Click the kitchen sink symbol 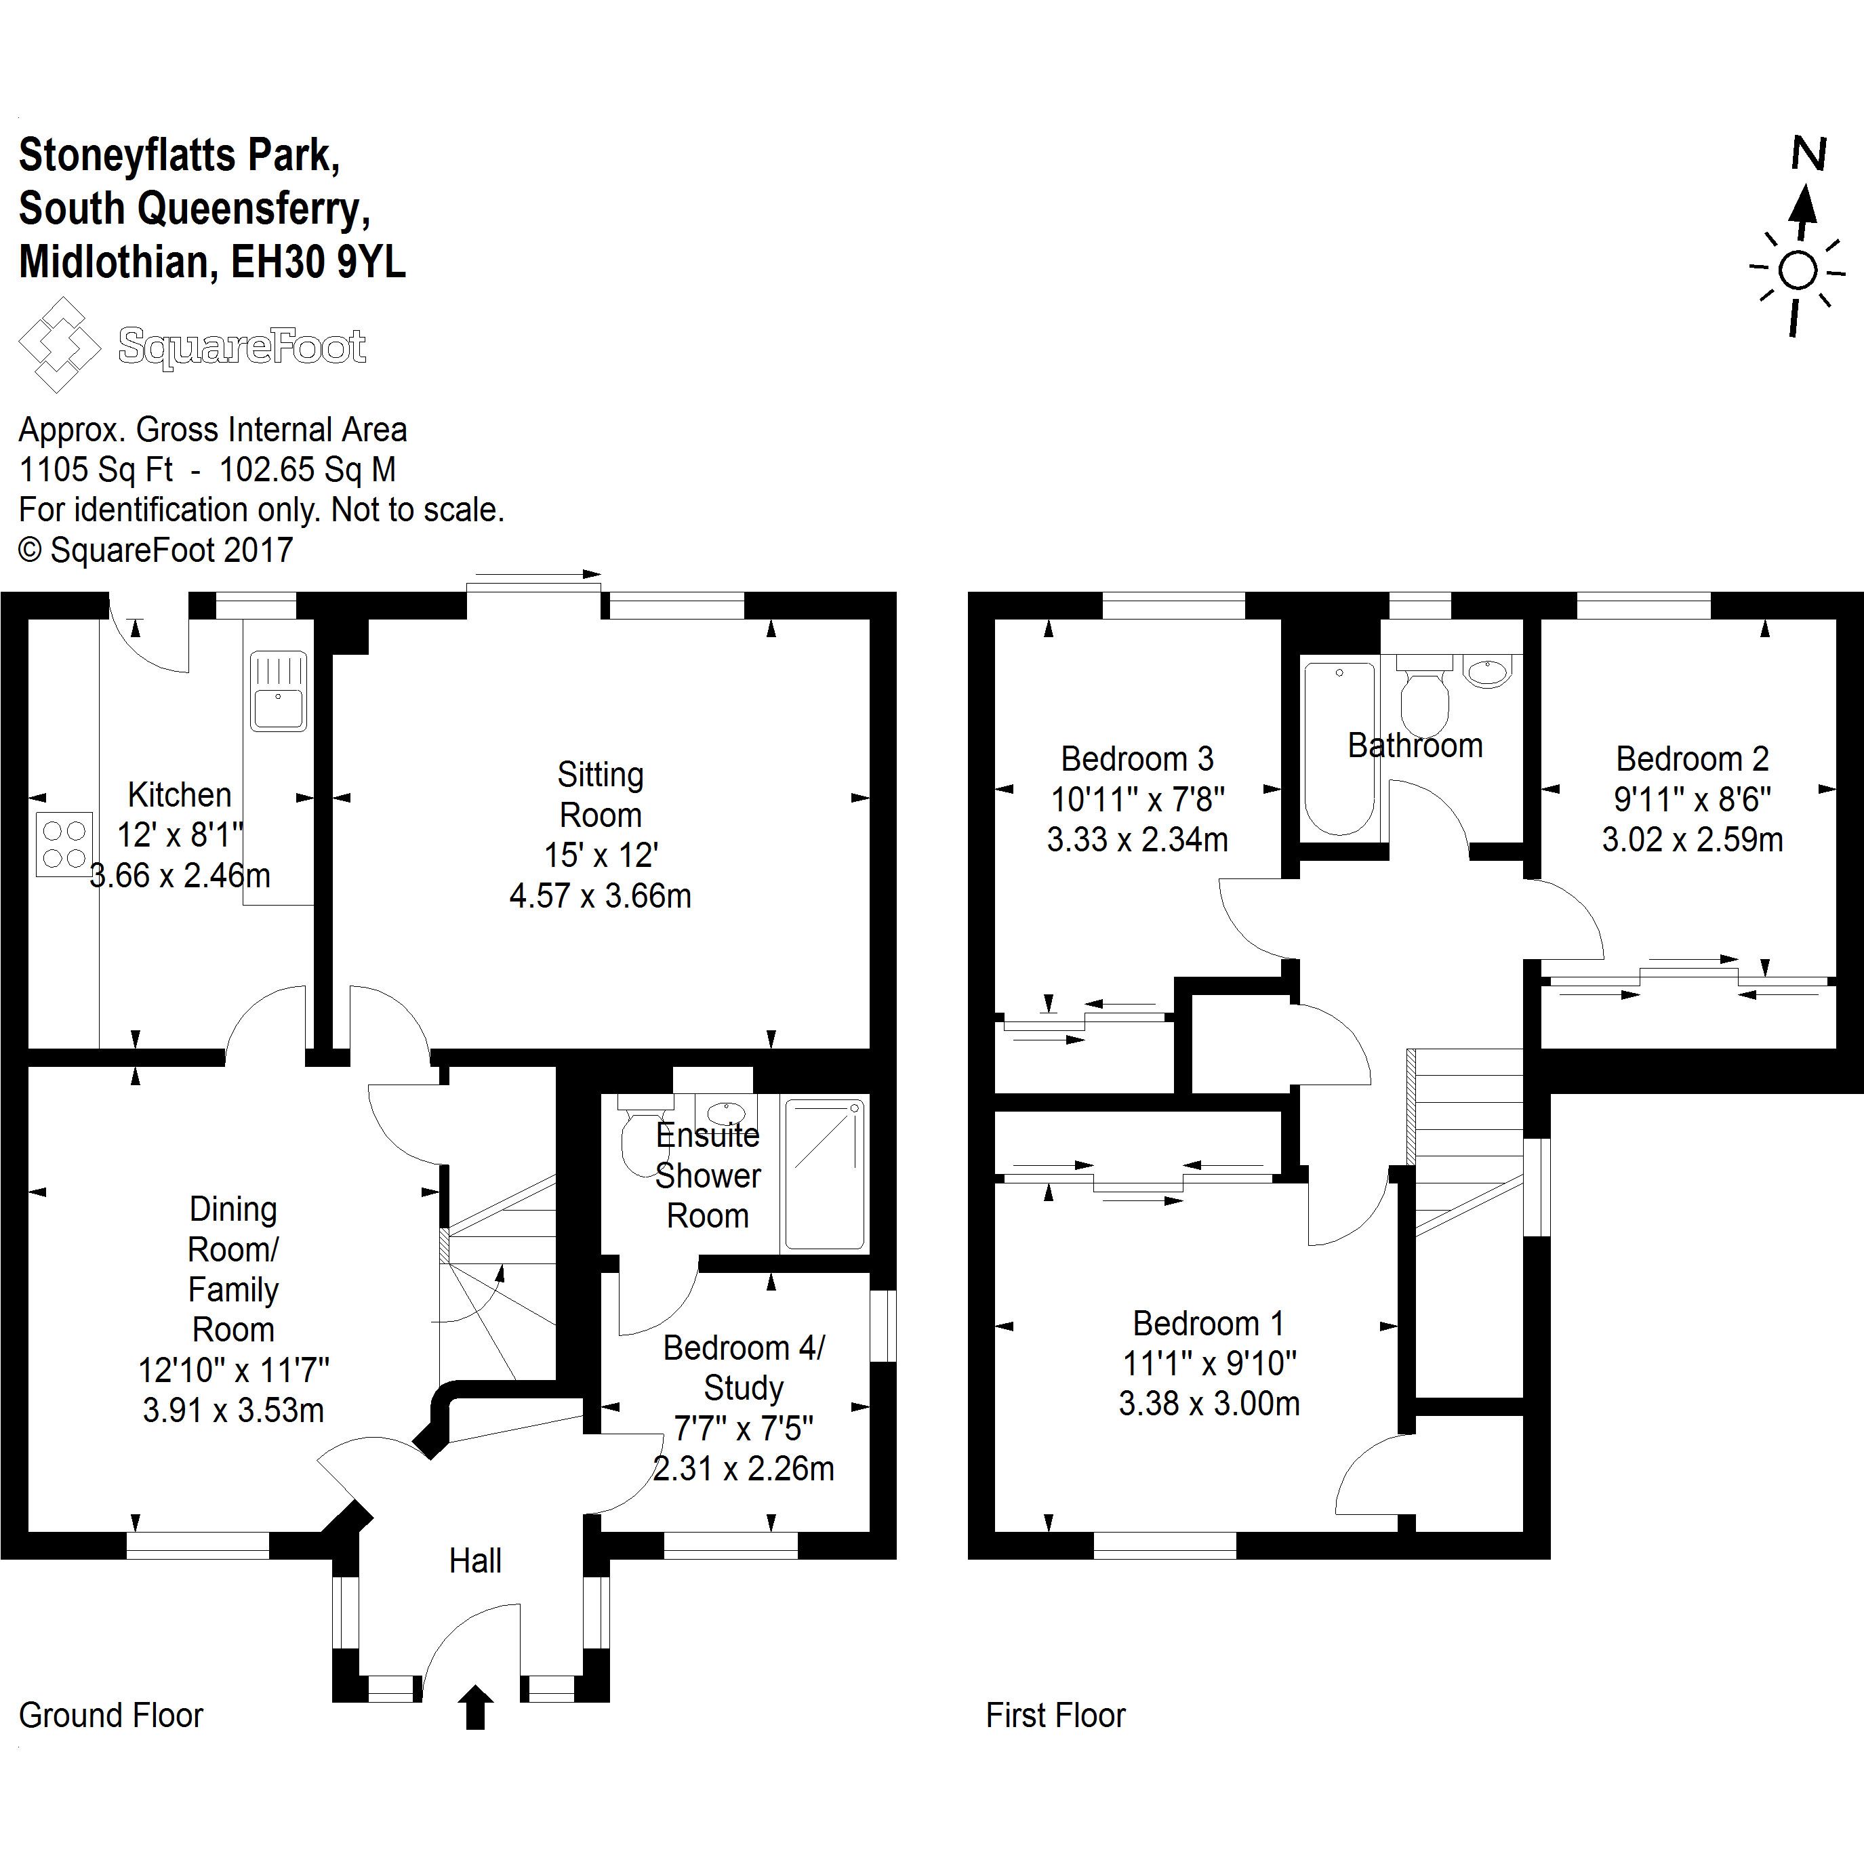point(278,691)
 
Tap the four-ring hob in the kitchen point(64,844)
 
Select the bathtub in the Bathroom point(1339,747)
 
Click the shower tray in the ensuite point(824,1174)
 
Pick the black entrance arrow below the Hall point(474,1707)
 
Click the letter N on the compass point(1809,155)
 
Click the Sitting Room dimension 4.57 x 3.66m point(600,896)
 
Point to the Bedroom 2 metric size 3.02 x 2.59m point(1693,839)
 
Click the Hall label point(474,1561)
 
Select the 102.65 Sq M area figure point(307,470)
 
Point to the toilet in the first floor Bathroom point(1424,699)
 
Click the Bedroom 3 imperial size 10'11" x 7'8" point(1137,800)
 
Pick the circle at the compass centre point(1798,271)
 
